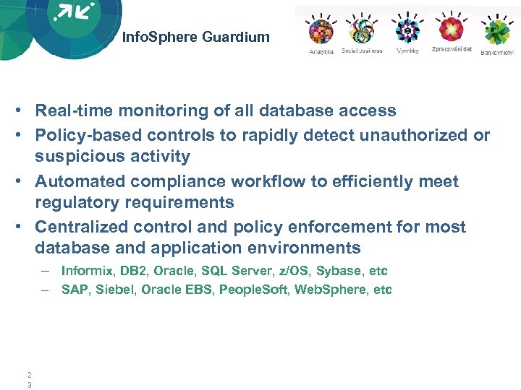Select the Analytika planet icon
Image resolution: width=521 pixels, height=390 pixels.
point(321,30)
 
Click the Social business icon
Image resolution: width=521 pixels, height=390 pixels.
point(361,30)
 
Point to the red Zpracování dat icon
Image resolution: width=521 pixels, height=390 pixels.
point(452,29)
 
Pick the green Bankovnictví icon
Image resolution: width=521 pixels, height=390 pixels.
point(497,31)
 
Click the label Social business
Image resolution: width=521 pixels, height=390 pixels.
point(362,51)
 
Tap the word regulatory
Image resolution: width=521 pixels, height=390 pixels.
point(73,203)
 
